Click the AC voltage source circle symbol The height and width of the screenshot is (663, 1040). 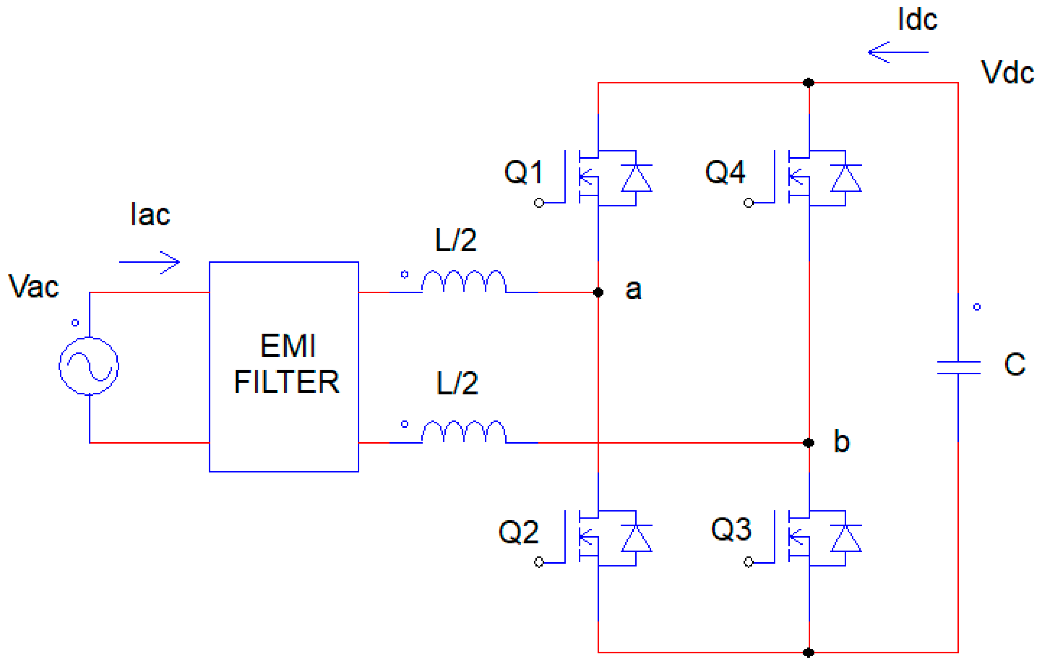(x=89, y=366)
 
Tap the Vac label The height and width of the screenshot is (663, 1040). (x=34, y=287)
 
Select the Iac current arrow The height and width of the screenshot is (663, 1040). (x=150, y=262)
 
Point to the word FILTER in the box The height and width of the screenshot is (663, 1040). (x=287, y=382)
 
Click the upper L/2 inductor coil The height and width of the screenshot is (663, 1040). (x=463, y=281)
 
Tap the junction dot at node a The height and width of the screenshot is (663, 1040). (x=598, y=292)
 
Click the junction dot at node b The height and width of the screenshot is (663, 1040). (x=809, y=443)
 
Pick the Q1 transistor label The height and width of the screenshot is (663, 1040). (x=523, y=172)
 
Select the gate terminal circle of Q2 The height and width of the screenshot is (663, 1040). (x=539, y=562)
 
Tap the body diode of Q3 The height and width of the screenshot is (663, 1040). (x=846, y=539)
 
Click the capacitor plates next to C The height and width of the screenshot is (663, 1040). (x=958, y=368)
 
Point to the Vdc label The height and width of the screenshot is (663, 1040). (x=1007, y=72)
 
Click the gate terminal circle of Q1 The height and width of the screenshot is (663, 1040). (x=539, y=203)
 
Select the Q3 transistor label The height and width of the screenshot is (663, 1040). (x=731, y=529)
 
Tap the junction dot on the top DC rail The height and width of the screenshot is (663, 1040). (x=809, y=82)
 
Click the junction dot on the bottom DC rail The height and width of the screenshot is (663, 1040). (x=809, y=653)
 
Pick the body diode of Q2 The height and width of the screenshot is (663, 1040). (x=636, y=539)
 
